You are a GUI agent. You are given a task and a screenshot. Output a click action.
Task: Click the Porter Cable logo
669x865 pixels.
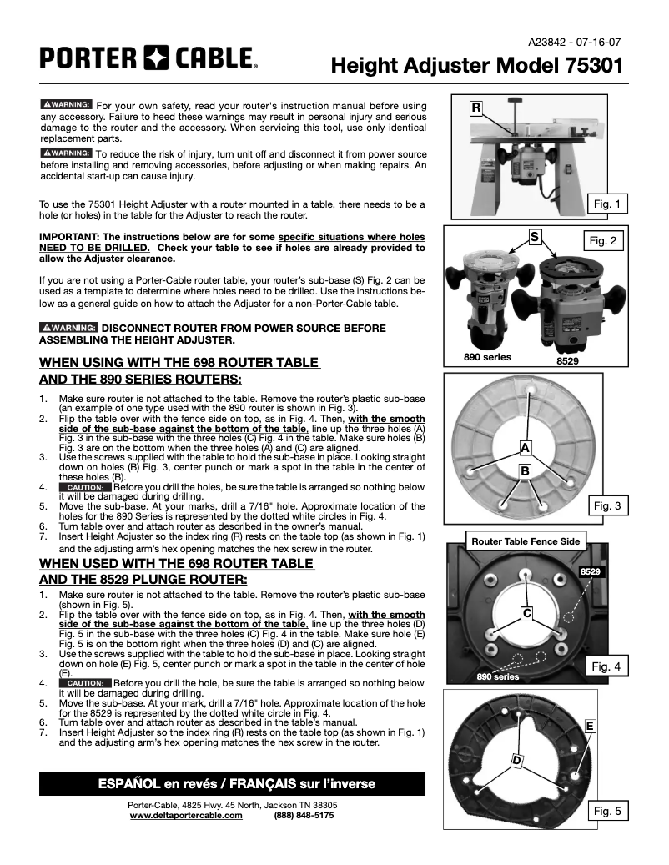click(148, 58)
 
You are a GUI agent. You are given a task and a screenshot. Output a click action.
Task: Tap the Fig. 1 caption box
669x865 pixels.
click(606, 204)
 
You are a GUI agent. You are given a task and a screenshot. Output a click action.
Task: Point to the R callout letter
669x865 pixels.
click(475, 108)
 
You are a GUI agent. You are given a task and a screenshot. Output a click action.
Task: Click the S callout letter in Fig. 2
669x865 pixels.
click(534, 237)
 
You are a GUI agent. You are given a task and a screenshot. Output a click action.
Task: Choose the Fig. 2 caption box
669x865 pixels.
click(602, 241)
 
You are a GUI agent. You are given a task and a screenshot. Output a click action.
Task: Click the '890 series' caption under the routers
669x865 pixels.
click(487, 357)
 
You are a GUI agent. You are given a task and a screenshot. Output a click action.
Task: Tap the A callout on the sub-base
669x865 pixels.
click(525, 448)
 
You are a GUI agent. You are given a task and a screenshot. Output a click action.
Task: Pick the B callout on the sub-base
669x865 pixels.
click(526, 471)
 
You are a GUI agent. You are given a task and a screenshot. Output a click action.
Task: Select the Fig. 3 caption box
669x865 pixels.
click(606, 505)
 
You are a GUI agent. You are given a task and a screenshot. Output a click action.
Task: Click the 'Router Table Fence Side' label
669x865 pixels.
click(526, 541)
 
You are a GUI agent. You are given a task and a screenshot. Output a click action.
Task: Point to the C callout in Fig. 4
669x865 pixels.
click(527, 614)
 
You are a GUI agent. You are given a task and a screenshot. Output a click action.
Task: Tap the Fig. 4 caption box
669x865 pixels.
click(606, 666)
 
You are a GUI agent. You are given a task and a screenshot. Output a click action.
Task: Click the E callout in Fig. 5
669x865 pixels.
click(590, 726)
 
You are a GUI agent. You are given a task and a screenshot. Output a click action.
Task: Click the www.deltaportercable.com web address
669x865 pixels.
click(186, 816)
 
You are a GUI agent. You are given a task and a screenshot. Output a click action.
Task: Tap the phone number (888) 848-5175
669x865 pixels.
click(304, 816)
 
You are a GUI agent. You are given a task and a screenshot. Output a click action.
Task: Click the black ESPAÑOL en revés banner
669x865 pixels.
click(232, 783)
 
